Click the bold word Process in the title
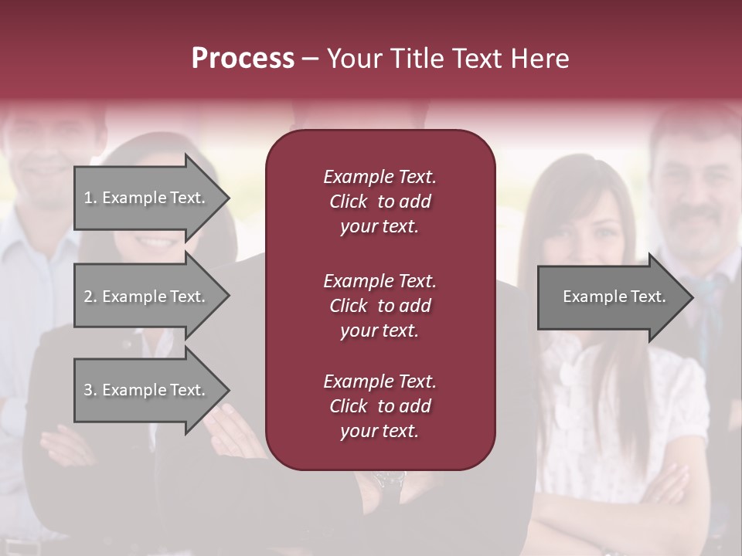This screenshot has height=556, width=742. point(243,59)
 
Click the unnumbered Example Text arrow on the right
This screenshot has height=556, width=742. point(614,297)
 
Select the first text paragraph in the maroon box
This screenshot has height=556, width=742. point(380,202)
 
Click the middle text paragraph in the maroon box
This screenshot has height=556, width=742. point(380,306)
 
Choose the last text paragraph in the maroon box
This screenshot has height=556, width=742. point(380,406)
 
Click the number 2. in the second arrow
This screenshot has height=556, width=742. point(90,297)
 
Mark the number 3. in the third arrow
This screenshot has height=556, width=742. point(90,390)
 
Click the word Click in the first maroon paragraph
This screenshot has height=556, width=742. point(349,202)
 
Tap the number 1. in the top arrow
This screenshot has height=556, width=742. point(90,198)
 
